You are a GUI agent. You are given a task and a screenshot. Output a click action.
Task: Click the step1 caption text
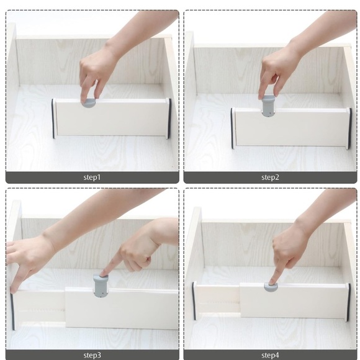pyautogui.click(x=92, y=178)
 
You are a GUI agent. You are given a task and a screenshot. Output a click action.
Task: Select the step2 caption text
pyautogui.click(x=270, y=178)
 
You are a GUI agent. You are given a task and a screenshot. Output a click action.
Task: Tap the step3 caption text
pyautogui.click(x=92, y=355)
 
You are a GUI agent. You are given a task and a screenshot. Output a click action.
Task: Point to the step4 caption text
pyautogui.click(x=270, y=355)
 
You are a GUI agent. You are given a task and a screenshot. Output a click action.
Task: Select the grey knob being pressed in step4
pyautogui.click(x=272, y=287)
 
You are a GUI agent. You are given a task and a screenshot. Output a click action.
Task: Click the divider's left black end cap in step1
pyautogui.click(x=53, y=118)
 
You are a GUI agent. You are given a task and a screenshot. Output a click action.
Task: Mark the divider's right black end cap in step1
pyautogui.click(x=169, y=118)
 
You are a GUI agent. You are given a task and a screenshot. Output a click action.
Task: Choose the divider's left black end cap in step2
pyautogui.click(x=233, y=128)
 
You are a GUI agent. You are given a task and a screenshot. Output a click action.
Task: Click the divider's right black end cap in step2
pyautogui.click(x=349, y=128)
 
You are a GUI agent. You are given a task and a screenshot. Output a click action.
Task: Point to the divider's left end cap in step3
pyautogui.click(x=12, y=312)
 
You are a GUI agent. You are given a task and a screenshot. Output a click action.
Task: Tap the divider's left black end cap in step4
pyautogui.click(x=194, y=301)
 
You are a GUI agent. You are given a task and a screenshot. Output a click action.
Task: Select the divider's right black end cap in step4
pyautogui.click(x=349, y=302)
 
